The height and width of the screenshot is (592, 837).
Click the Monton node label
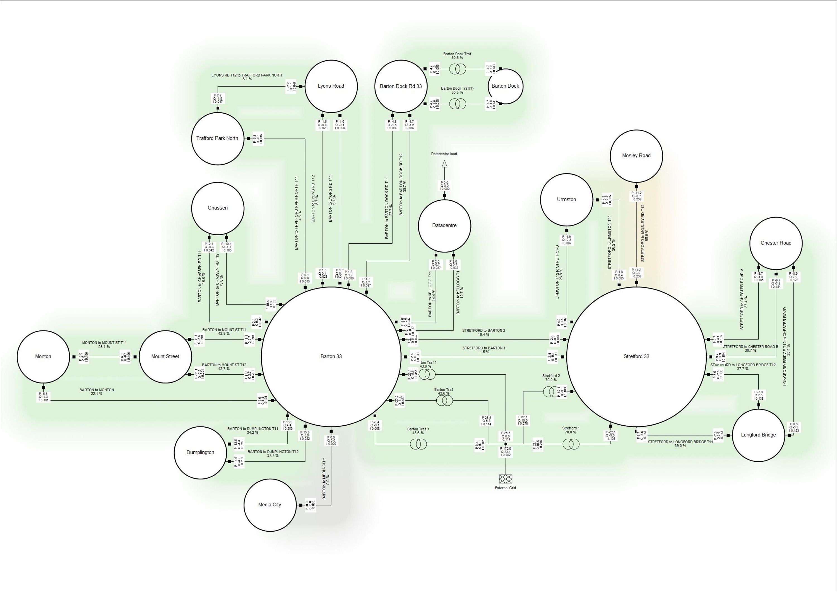[43, 356]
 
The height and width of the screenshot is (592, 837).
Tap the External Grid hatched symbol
[505, 479]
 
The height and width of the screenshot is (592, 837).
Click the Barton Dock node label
[505, 86]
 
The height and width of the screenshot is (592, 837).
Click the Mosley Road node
[636, 156]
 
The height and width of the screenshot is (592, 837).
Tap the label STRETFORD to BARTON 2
[484, 330]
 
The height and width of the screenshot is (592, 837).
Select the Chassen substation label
[218, 208]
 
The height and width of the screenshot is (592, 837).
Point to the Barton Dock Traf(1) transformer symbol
[457, 104]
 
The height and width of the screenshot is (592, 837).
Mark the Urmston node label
[566, 200]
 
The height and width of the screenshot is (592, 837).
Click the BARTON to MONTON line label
[97, 390]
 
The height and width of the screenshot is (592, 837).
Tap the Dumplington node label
[200, 452]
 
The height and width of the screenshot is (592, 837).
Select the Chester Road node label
[776, 243]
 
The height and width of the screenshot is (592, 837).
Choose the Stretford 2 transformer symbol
[551, 392]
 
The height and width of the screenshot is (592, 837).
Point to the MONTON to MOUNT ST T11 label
[104, 343]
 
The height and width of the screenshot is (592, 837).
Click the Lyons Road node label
[331, 86]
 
